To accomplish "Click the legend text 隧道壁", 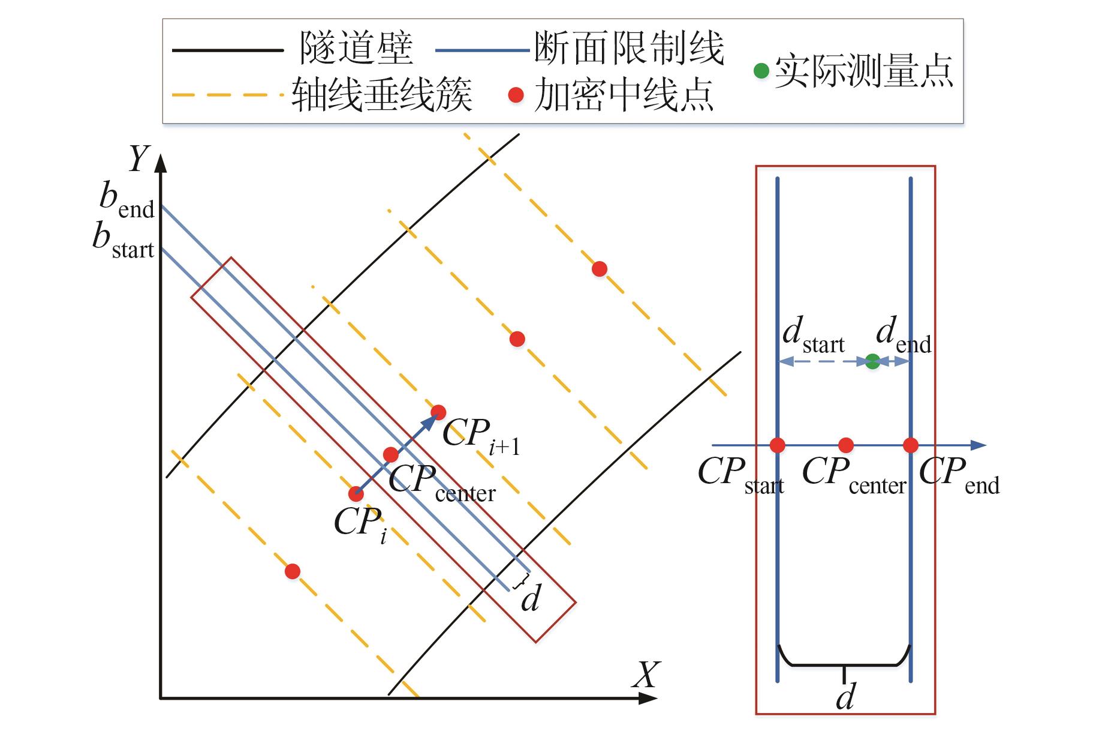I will tap(356, 48).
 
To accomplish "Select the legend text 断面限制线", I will tap(629, 48).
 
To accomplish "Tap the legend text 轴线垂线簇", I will tap(382, 95).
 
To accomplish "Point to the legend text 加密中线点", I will tap(624, 95).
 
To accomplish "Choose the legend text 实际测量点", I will tap(863, 71).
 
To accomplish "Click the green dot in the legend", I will tap(761, 71).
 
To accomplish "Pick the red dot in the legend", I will tap(516, 95).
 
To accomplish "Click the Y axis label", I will tap(138, 159).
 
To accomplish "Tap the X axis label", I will tap(646, 675).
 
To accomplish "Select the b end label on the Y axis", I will tap(127, 201).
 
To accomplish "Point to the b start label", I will tap(123, 241).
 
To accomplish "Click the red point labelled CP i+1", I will tap(438, 412).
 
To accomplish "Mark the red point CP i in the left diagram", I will tap(356, 494).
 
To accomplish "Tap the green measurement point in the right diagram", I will tap(873, 361).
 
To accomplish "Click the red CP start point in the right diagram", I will tap(778, 445).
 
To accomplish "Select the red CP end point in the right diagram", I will tap(910, 445).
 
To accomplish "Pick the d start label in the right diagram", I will tap(813, 335).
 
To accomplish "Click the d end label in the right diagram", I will tap(903, 335).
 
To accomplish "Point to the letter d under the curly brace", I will tap(845, 697).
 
